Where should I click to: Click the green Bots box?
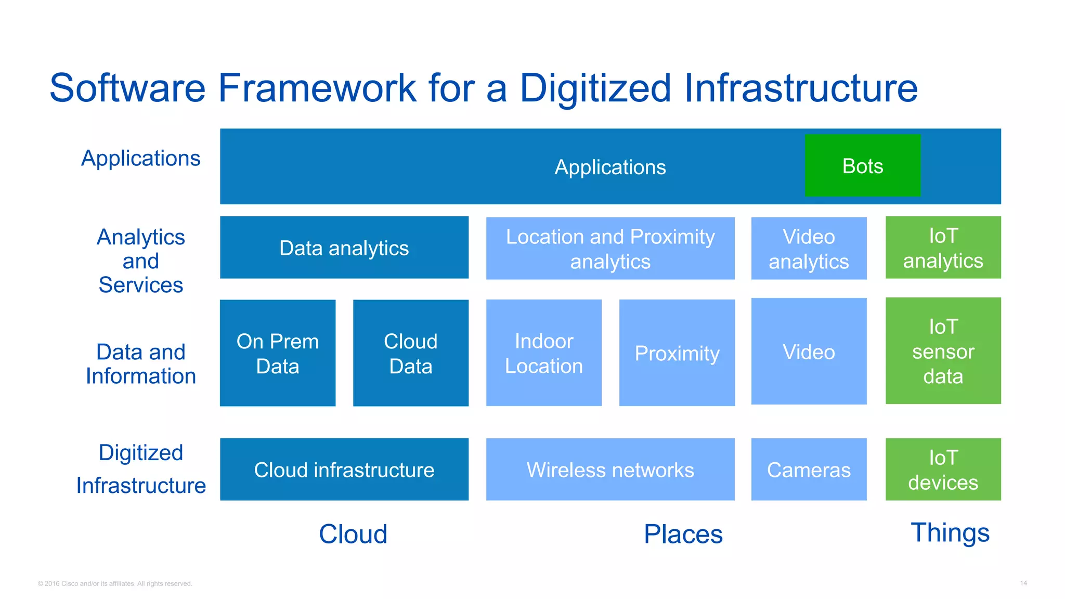[x=862, y=165]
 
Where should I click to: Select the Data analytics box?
[x=344, y=248]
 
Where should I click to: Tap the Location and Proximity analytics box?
[x=610, y=249]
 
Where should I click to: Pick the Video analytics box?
[x=809, y=249]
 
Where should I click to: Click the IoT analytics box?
[x=943, y=248]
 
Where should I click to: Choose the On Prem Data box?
[x=277, y=353]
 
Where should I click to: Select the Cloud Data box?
[x=410, y=353]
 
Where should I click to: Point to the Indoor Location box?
[x=543, y=353]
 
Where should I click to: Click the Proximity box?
[x=677, y=353]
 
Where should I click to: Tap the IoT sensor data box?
[x=943, y=351]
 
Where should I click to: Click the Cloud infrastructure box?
[x=344, y=470]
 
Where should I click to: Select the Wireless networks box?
[x=610, y=470]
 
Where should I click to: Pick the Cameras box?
[x=809, y=470]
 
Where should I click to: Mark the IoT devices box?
[x=943, y=470]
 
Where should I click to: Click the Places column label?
[x=683, y=534]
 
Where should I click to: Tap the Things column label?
[x=950, y=532]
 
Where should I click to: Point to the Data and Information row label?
[x=141, y=363]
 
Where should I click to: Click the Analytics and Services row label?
[x=141, y=261]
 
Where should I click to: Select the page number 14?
[x=1023, y=583]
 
